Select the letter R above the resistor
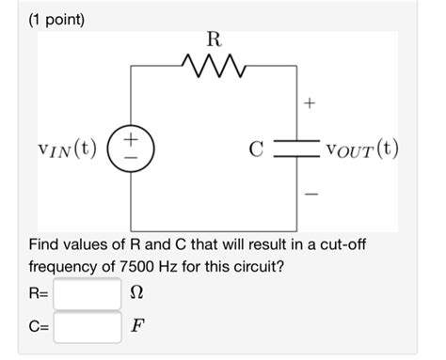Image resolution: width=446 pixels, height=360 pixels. [x=214, y=40]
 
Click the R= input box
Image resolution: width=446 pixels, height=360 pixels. [x=88, y=294]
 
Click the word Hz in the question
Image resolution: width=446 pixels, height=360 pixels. [x=189, y=267]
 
